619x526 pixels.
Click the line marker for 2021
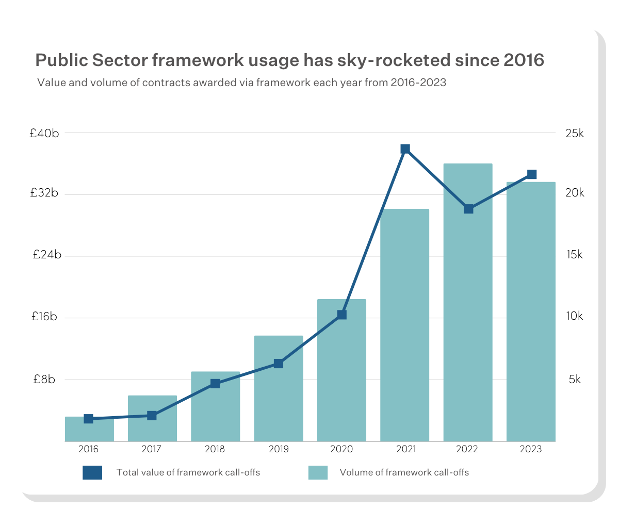405,149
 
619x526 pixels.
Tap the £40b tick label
44,134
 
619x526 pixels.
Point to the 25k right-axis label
574,134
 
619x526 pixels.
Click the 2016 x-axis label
89,449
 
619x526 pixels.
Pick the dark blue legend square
92,472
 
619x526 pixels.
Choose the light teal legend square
318,472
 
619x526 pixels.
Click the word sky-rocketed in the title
394,60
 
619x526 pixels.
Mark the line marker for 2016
89,419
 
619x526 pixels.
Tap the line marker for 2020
341,315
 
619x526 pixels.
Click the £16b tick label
44,317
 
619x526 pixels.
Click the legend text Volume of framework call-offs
404,472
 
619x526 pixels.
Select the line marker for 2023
532,174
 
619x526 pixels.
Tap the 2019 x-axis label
279,449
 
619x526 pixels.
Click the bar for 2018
215,413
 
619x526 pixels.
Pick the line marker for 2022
468,209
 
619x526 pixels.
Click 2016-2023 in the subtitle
418,83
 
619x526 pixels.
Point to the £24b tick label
46,255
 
